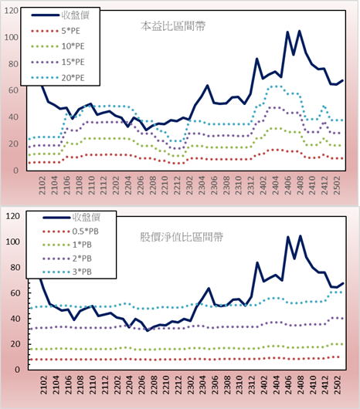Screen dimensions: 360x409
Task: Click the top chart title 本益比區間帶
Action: (173, 26)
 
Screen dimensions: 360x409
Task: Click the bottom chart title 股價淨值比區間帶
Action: (182, 237)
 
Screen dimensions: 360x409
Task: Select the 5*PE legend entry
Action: (56, 31)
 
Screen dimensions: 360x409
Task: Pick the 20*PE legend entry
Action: (58, 78)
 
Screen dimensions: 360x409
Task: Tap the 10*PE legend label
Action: (73, 46)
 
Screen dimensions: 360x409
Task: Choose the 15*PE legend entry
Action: (58, 62)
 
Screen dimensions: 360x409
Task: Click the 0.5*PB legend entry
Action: (70, 232)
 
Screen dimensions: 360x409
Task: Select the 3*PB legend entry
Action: (67, 272)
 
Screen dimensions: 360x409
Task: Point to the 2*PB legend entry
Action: (67, 259)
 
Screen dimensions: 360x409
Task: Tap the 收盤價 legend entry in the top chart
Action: (60, 15)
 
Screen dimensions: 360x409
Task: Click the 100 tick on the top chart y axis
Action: (12, 37)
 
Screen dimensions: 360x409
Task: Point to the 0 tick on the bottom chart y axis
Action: (17, 370)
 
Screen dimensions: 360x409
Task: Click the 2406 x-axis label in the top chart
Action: (287, 185)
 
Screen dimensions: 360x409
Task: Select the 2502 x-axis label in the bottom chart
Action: (338, 385)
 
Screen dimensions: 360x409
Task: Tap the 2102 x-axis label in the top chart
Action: (42, 185)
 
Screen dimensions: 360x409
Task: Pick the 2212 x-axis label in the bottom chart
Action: (178, 385)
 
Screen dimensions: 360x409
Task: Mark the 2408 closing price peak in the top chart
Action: (300, 31)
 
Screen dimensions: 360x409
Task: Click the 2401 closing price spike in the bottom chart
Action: (257, 262)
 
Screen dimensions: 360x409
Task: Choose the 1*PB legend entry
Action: (67, 245)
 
